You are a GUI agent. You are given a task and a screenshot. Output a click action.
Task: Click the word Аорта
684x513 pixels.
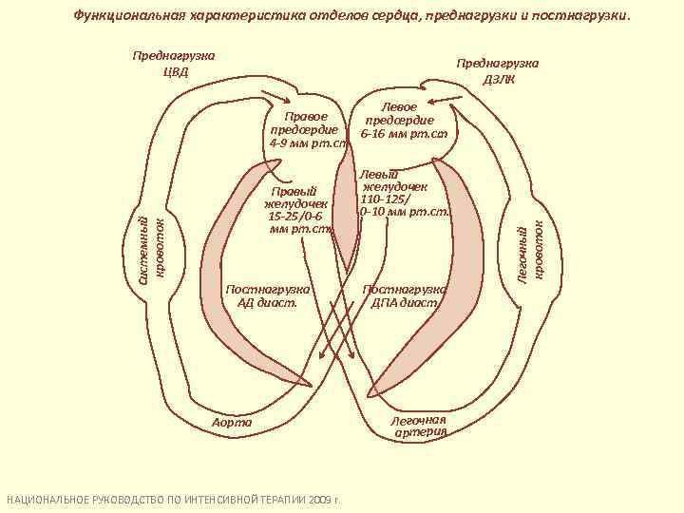point(232,420)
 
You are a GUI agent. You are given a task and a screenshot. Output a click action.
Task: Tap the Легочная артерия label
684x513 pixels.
point(419,426)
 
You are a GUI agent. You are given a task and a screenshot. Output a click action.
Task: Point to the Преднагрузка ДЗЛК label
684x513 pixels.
point(497,70)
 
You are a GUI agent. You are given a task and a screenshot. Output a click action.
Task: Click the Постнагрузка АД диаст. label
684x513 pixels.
point(268,295)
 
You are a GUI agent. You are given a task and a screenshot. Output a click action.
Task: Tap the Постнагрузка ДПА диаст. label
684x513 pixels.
point(405,295)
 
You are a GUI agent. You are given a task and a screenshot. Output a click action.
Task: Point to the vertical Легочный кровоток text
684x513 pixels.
point(531,250)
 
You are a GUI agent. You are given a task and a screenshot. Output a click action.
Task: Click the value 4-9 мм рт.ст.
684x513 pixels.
point(310,143)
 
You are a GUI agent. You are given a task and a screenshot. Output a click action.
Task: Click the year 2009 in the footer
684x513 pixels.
point(320,500)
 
